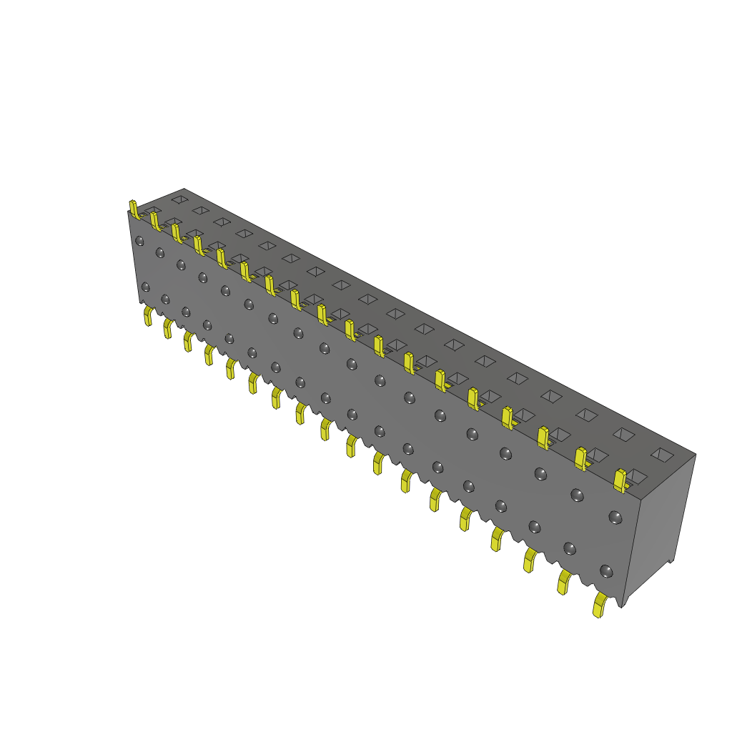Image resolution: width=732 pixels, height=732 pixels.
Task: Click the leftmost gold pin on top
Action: click(x=133, y=209)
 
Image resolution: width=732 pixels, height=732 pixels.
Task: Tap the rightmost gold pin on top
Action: click(x=620, y=480)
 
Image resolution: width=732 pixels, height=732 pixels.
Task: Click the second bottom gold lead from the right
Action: click(x=564, y=583)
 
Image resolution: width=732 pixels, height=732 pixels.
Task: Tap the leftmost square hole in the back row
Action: click(x=179, y=199)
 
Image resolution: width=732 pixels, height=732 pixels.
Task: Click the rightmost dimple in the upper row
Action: click(x=615, y=516)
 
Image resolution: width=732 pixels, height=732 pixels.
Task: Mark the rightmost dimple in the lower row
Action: click(x=606, y=571)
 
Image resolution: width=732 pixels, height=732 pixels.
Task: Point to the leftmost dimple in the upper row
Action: click(x=140, y=240)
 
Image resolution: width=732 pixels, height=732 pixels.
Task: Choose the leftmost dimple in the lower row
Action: click(x=146, y=287)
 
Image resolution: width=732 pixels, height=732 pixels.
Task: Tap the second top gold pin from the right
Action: click(x=580, y=457)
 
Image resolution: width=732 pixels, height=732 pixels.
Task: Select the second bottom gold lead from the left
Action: click(x=168, y=328)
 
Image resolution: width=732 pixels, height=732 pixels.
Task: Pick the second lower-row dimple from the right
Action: click(x=570, y=548)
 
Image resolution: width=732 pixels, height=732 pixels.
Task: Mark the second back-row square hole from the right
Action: click(x=624, y=433)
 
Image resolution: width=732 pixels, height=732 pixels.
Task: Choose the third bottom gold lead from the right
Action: click(x=530, y=560)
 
